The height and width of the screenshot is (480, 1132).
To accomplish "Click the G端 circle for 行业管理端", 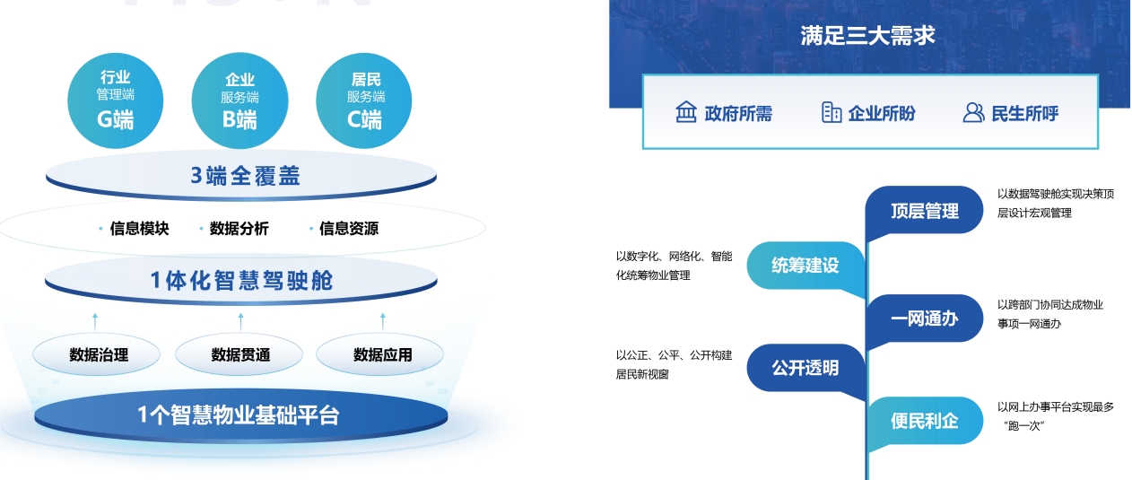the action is point(115,100).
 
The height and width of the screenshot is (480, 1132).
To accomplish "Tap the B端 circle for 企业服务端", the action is point(239,100).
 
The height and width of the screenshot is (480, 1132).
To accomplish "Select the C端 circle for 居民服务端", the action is point(364,100).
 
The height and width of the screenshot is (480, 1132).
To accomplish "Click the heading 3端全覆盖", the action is point(245,176).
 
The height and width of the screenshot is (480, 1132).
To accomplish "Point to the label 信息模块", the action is point(139,229).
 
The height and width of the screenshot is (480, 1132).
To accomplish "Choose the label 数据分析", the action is point(239,229).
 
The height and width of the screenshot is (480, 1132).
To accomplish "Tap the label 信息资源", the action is point(349,229).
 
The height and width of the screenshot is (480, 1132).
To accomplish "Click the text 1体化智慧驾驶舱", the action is point(241,281).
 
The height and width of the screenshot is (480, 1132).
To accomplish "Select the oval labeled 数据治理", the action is point(97,354).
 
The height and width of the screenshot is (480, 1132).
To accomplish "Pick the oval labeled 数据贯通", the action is point(239,354).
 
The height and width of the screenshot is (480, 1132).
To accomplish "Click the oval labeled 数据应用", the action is point(380,354).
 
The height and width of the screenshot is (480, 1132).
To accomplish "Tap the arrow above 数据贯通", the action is point(240,321).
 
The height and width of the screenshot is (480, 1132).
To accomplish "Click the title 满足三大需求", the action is point(867,35).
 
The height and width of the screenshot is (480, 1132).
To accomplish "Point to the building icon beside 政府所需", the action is point(686,111).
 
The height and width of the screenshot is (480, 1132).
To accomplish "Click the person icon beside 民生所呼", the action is point(973,113).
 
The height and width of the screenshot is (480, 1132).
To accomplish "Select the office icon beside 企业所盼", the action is point(832,112).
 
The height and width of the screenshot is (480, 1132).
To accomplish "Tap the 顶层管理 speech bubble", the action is point(924,211).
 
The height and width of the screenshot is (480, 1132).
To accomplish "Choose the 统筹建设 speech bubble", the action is point(805,266).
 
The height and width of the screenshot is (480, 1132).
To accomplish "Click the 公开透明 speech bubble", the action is point(805,368).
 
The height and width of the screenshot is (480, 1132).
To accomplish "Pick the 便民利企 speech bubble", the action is point(924,421).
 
